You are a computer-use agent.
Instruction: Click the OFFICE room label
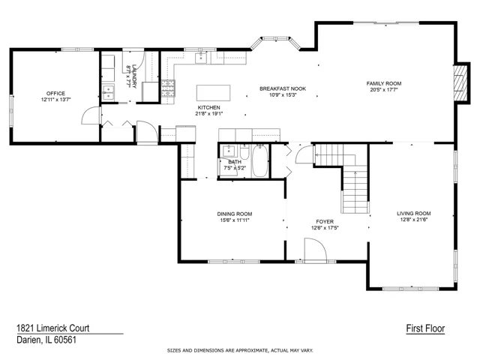55,93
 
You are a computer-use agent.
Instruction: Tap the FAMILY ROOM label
384,83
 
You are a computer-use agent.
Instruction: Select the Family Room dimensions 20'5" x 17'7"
384,90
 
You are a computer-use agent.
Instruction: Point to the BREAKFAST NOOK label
283,88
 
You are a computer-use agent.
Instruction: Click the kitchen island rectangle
213,93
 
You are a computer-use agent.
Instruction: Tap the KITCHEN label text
208,107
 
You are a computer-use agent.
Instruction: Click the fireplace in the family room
460,82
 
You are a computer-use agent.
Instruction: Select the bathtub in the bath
260,160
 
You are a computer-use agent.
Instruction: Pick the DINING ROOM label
235,214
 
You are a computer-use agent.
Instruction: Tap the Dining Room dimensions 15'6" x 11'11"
235,220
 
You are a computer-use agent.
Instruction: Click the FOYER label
325,222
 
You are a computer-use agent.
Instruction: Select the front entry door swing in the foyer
316,250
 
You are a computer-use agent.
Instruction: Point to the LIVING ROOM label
414,213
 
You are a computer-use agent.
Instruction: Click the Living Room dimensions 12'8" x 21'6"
414,220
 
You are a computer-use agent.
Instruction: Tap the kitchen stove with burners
168,88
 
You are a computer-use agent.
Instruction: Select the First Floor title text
425,328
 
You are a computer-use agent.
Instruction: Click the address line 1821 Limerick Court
53,328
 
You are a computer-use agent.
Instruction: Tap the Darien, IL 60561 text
46,340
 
